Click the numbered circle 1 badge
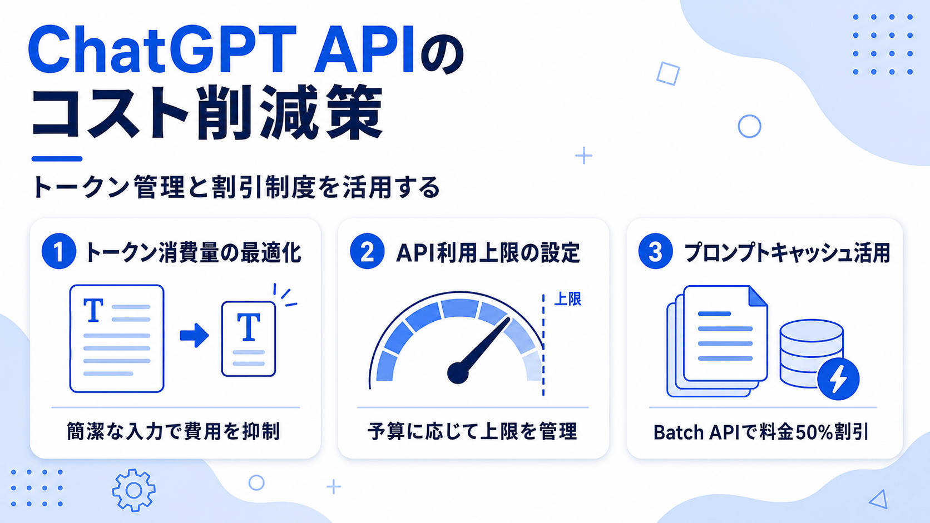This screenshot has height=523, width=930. coord(58,251)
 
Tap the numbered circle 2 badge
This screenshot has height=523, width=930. coord(367,251)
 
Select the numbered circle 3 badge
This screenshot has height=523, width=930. coord(655,251)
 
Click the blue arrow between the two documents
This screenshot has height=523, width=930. coord(194,335)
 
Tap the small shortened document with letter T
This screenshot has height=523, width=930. coord(249,339)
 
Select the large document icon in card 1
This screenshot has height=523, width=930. coord(117,338)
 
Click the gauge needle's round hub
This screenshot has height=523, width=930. coord(458,373)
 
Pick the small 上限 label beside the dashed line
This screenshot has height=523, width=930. coord(567,299)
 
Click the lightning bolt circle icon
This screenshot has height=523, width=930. coord(838,379)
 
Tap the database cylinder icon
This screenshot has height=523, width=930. coord(811,353)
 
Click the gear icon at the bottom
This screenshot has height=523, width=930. coord(133,490)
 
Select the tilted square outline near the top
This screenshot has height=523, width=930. coord(668,74)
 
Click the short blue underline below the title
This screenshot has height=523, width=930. coord(57,158)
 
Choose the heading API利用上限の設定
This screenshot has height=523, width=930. coord(488,252)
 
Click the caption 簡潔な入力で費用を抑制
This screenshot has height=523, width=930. coord(174,431)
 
